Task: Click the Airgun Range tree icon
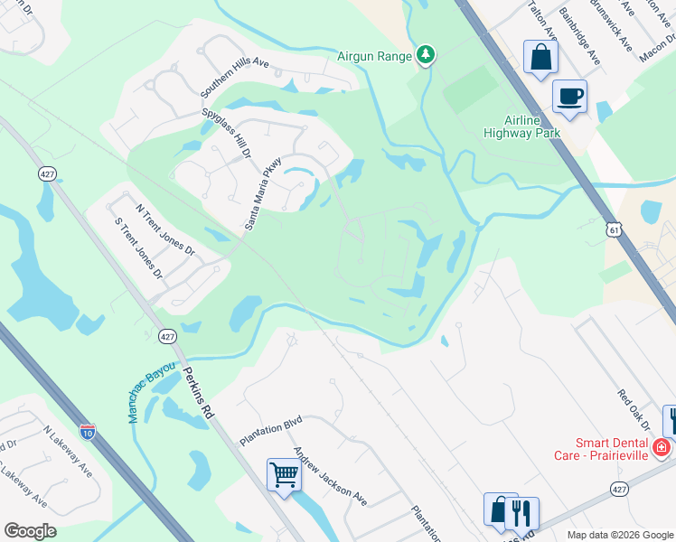pyautogui.click(x=426, y=56)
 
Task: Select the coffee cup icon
pyautogui.click(x=569, y=97)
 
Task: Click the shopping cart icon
pyautogui.click(x=284, y=473)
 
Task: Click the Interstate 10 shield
pyautogui.click(x=87, y=432)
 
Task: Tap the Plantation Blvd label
pyautogui.click(x=270, y=431)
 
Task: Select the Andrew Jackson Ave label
pyautogui.click(x=330, y=476)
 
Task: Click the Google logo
pyautogui.click(x=31, y=530)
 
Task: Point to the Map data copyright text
pyautogui.click(x=619, y=535)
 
